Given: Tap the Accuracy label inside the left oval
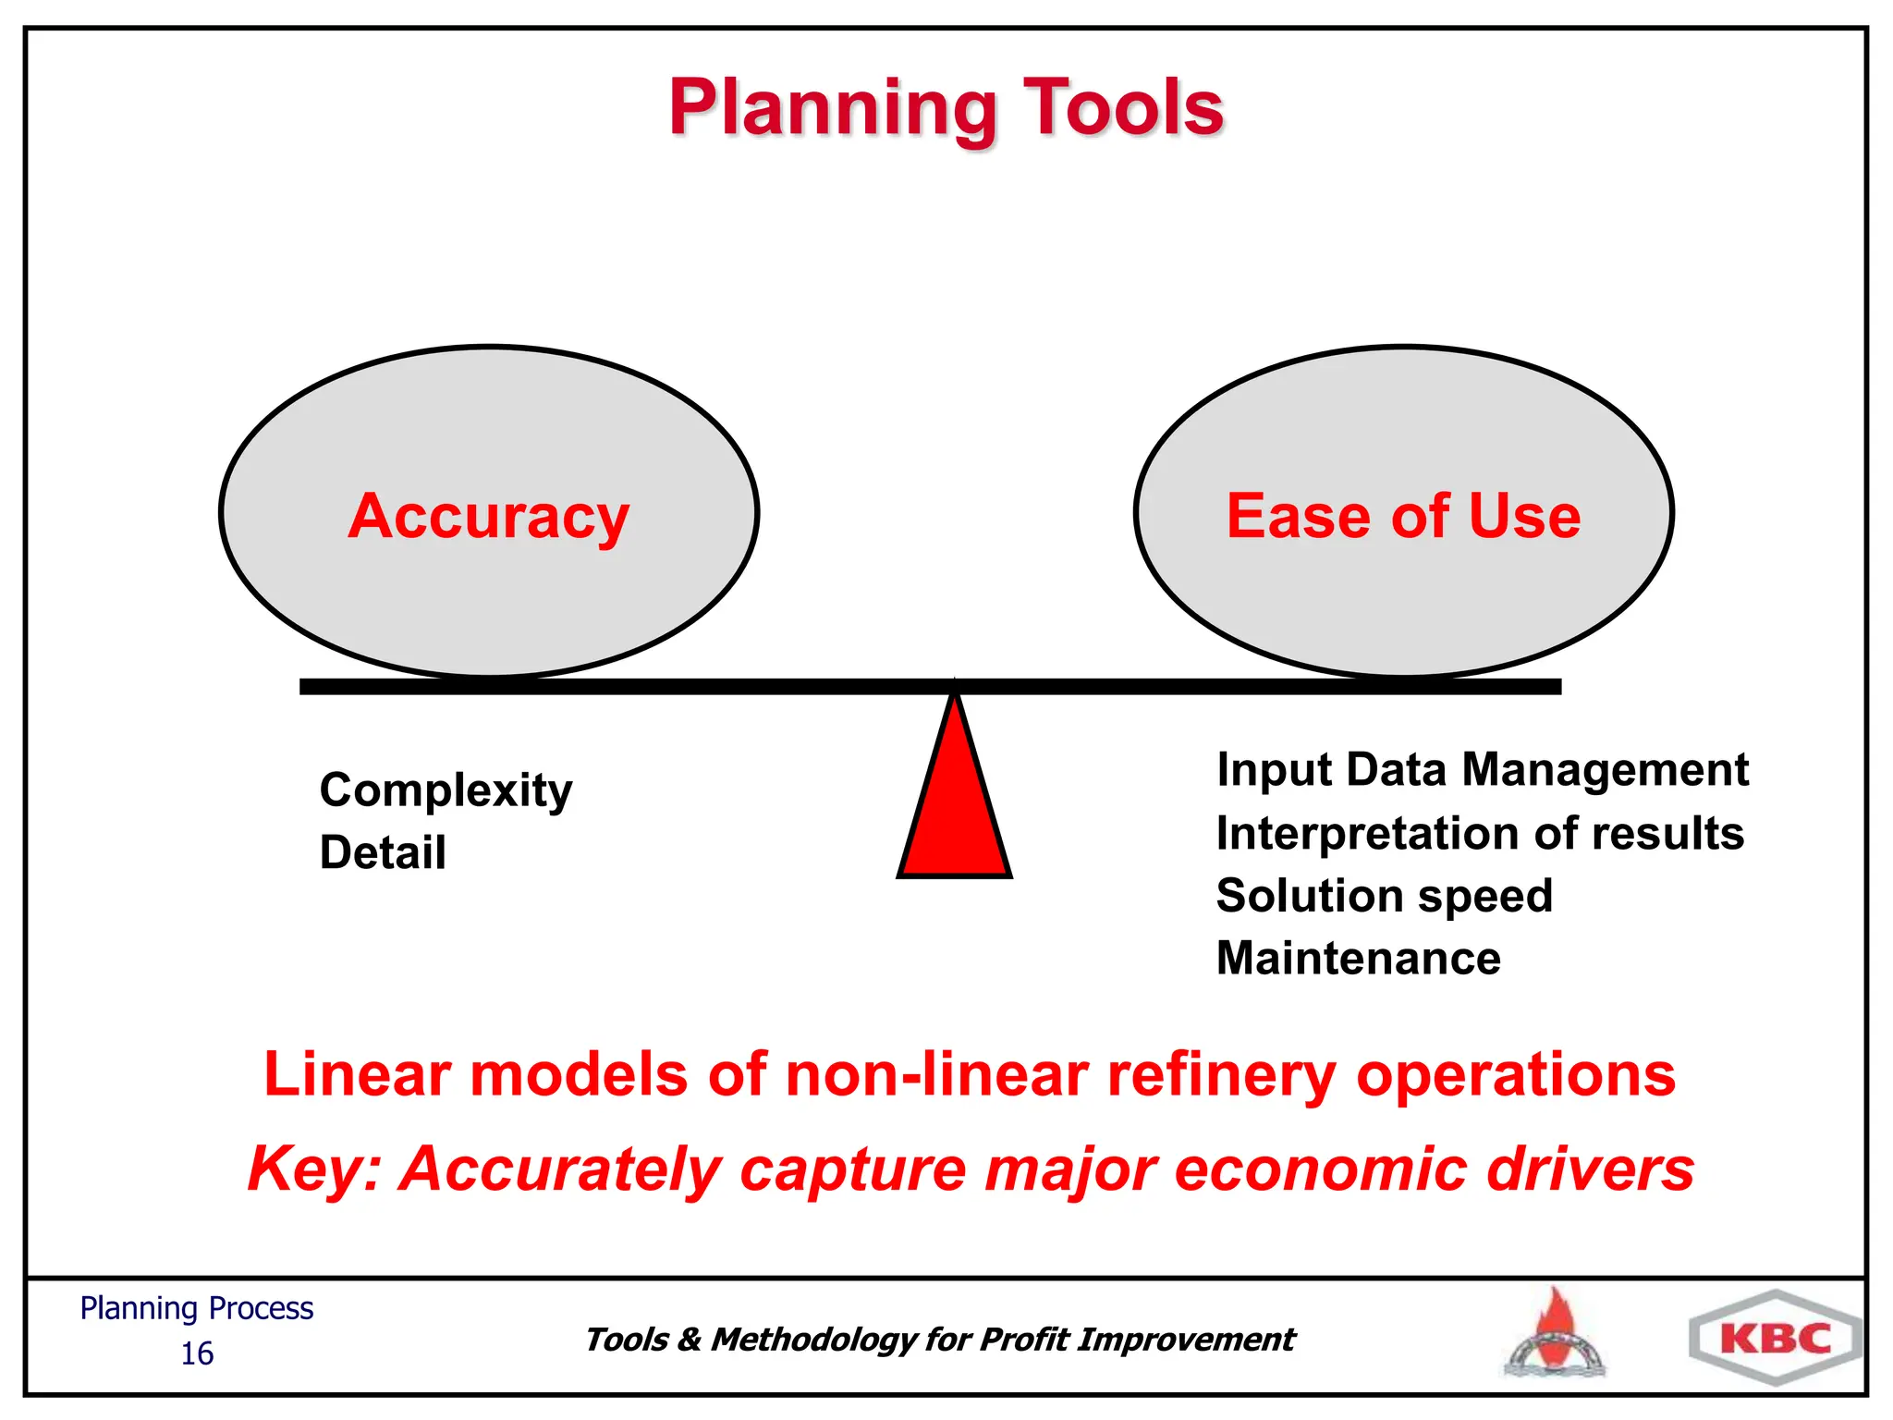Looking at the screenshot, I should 488,516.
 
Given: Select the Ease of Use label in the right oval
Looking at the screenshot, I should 1402,516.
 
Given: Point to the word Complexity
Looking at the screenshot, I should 446,791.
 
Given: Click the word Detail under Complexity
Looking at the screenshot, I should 382,852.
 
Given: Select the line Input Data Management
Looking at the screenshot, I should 1482,770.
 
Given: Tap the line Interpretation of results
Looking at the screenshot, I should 1479,833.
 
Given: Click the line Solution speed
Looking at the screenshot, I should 1384,896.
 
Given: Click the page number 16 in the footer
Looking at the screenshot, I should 197,1353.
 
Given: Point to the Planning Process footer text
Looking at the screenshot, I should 197,1308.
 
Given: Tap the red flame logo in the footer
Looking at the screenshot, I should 1556,1333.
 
